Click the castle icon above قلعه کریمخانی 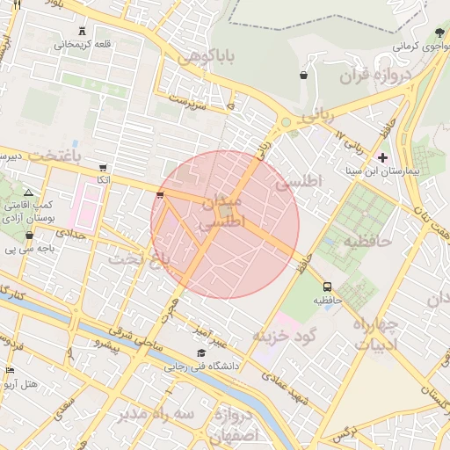[84, 29]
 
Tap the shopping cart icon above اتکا [104, 168]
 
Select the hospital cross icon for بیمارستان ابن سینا [382, 156]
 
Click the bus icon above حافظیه [328, 287]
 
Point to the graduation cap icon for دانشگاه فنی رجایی [201, 353]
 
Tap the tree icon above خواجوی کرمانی [427, 33]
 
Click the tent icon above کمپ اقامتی [29, 192]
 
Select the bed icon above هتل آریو [11, 370]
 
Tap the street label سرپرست [192, 99]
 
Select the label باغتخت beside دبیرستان [54, 155]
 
